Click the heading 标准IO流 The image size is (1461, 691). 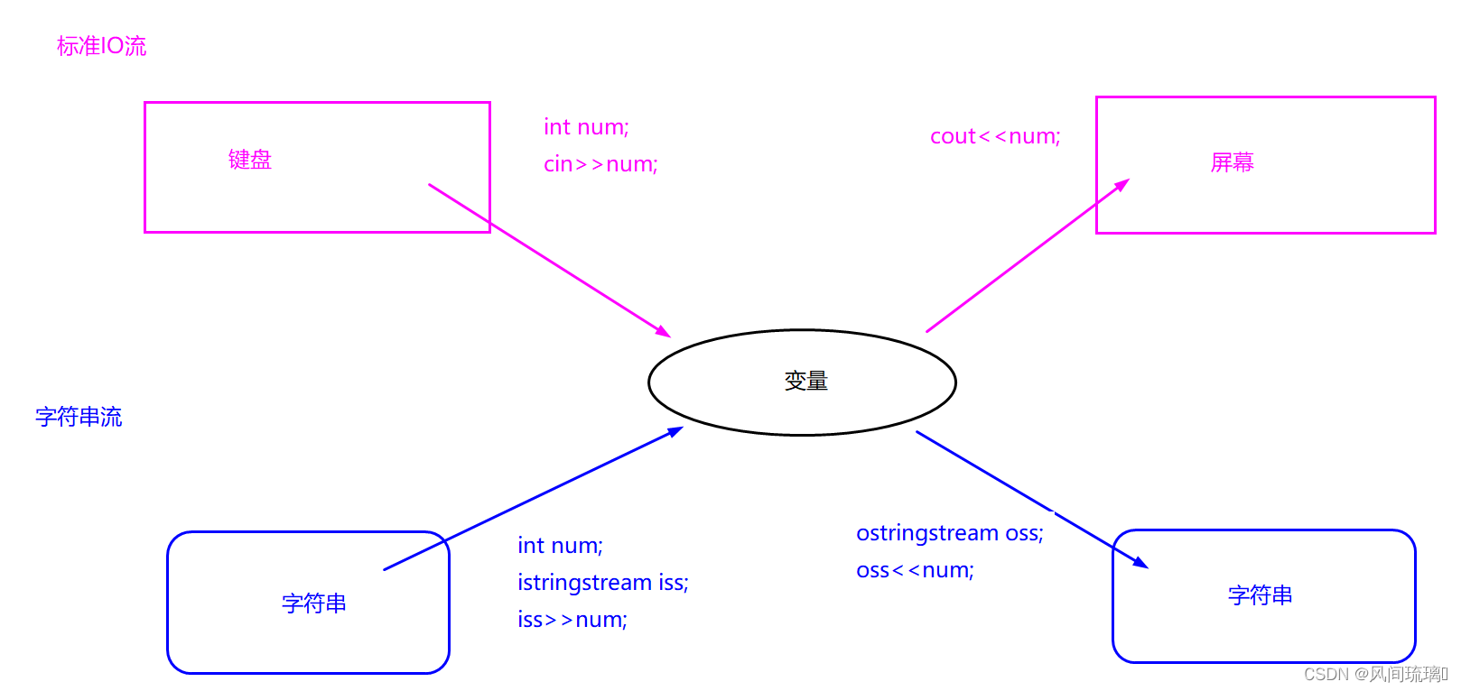(101, 46)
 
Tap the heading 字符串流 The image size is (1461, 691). (79, 417)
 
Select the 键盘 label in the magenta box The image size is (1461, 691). (250, 160)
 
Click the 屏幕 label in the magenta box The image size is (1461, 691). (1232, 162)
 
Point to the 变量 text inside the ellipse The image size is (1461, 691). (805, 382)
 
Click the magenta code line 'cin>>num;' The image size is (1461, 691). (600, 164)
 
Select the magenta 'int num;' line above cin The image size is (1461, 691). (586, 127)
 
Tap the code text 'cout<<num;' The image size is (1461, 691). (995, 136)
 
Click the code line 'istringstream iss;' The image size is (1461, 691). (602, 583)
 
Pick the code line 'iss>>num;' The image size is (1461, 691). (572, 620)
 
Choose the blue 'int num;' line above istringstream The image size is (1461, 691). (560, 546)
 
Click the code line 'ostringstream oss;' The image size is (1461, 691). (949, 533)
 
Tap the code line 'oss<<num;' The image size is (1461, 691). (915, 570)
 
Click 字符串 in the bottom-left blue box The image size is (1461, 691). (314, 603)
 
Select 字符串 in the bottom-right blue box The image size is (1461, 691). (1260, 595)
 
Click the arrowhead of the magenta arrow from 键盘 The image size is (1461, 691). (664, 332)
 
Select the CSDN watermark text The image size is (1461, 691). (1374, 674)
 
